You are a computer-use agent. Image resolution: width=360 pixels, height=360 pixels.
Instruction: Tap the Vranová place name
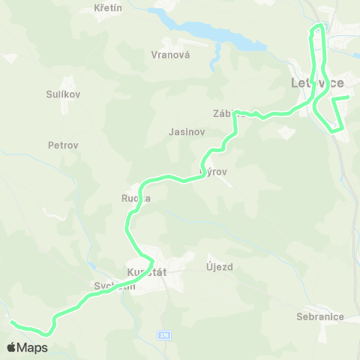pos(170,55)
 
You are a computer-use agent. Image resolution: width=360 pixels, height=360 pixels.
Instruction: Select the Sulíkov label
pos(63,94)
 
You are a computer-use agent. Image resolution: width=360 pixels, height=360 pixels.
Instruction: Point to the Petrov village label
pos(63,145)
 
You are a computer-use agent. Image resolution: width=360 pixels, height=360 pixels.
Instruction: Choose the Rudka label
pos(136,199)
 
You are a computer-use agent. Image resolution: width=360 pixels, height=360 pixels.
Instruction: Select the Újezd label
pos(220,266)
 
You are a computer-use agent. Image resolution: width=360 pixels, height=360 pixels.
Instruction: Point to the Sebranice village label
pos(320,316)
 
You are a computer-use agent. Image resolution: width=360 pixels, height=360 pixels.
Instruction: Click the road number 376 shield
pos(164,334)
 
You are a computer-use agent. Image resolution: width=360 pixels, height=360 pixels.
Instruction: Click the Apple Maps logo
pos(28,347)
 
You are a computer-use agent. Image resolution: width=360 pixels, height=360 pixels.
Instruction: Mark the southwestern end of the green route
pos(11,322)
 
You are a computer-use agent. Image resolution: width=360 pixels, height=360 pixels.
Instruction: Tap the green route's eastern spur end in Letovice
pos(348,97)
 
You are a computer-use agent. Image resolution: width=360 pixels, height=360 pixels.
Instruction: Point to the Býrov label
pos(214,172)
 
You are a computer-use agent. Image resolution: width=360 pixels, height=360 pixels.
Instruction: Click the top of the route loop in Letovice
pos(319,26)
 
